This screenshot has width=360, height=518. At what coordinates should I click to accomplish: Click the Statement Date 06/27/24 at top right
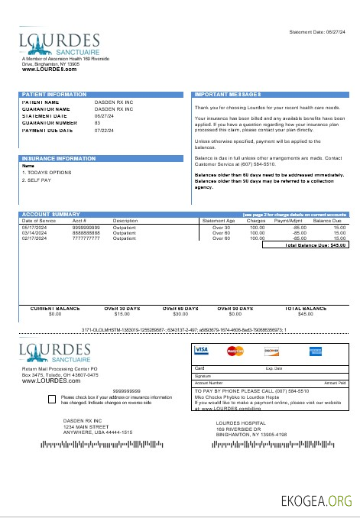(319, 32)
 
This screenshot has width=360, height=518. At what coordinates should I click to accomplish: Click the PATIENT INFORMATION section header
(54, 95)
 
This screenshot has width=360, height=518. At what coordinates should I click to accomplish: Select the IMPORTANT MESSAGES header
(229, 95)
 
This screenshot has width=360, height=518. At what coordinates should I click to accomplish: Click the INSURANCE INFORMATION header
(57, 158)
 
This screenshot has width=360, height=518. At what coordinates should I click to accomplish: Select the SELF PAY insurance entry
(35, 180)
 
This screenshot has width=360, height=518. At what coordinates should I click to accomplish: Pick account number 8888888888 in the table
(86, 233)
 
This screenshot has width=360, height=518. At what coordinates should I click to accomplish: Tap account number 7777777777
(86, 238)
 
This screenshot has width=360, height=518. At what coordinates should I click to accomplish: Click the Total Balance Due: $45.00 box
(305, 245)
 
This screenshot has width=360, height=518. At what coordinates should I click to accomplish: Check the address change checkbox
(50, 399)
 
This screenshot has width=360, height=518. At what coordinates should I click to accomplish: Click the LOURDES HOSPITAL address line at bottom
(241, 422)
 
